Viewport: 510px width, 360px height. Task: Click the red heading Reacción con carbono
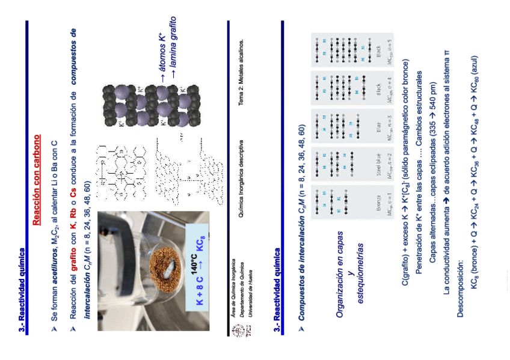[x=37, y=180]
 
